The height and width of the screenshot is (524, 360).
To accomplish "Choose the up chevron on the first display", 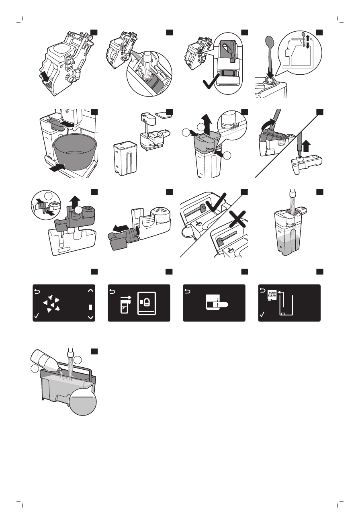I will point(90,290).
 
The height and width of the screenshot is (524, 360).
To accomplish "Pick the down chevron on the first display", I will point(90,317).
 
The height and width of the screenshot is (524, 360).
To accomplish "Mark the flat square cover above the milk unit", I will point(163,115).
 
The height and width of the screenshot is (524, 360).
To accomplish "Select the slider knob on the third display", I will point(221,305).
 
